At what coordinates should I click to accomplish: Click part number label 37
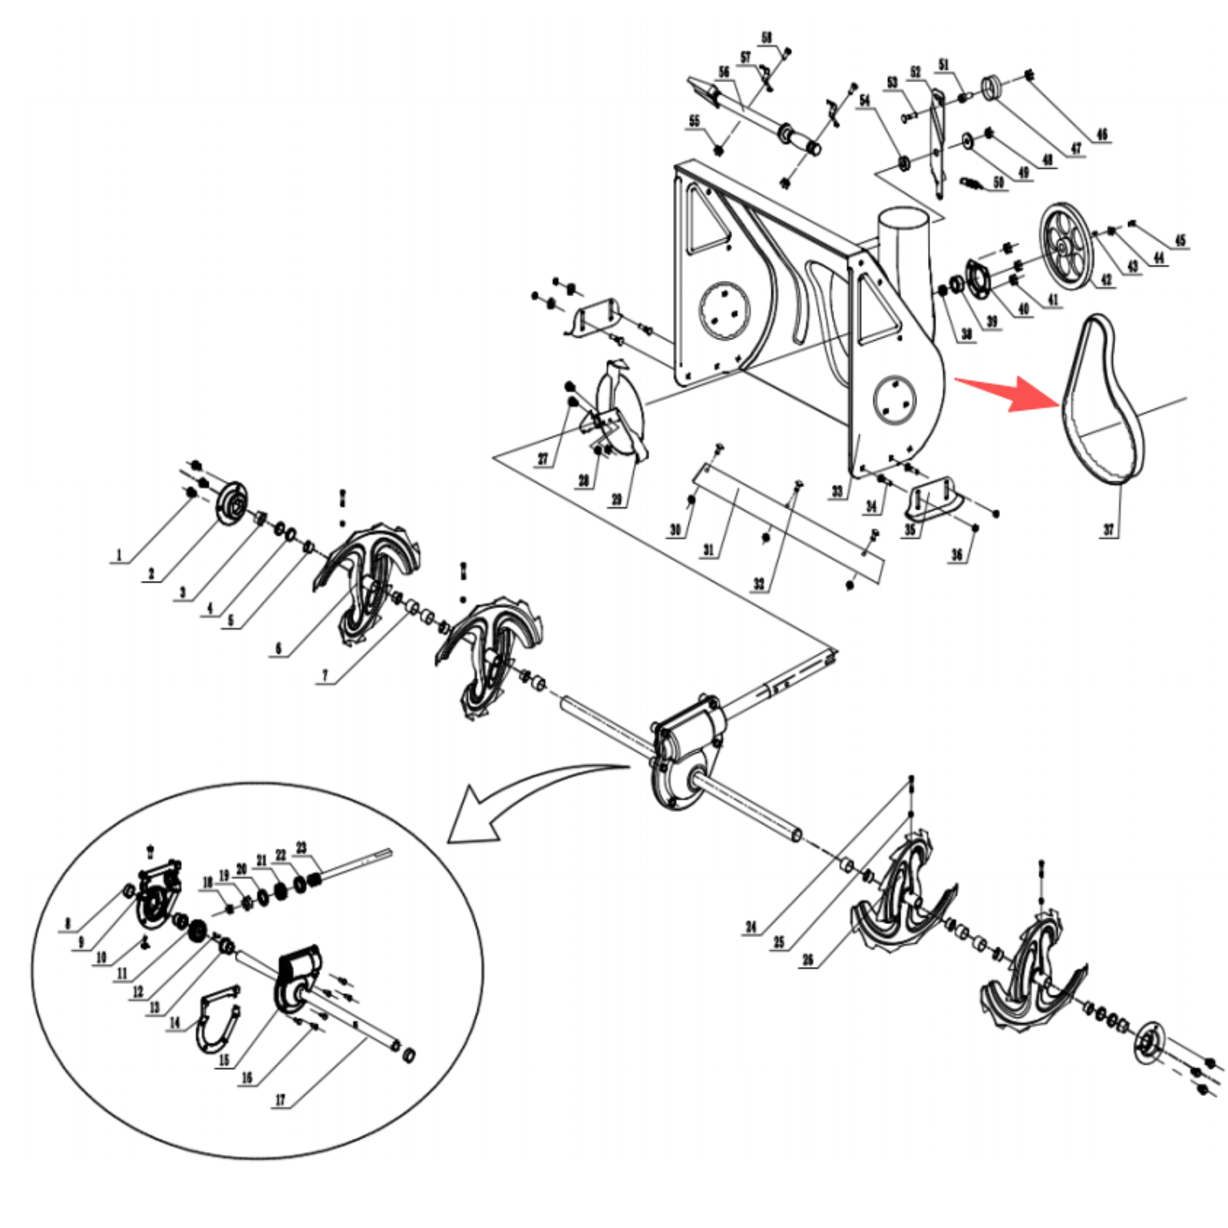tap(1108, 529)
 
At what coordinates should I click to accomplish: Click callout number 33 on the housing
tap(837, 491)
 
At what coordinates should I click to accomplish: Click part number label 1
tap(118, 554)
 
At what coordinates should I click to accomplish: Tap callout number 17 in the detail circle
tap(280, 1100)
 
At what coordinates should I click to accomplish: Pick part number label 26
tap(807, 959)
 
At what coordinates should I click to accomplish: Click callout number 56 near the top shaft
tap(724, 72)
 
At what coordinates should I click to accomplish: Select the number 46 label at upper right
tap(1102, 134)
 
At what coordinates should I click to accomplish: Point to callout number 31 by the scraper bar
tap(708, 550)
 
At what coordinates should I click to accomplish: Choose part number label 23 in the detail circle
tap(301, 847)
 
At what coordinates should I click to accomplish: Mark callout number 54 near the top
tap(865, 100)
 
